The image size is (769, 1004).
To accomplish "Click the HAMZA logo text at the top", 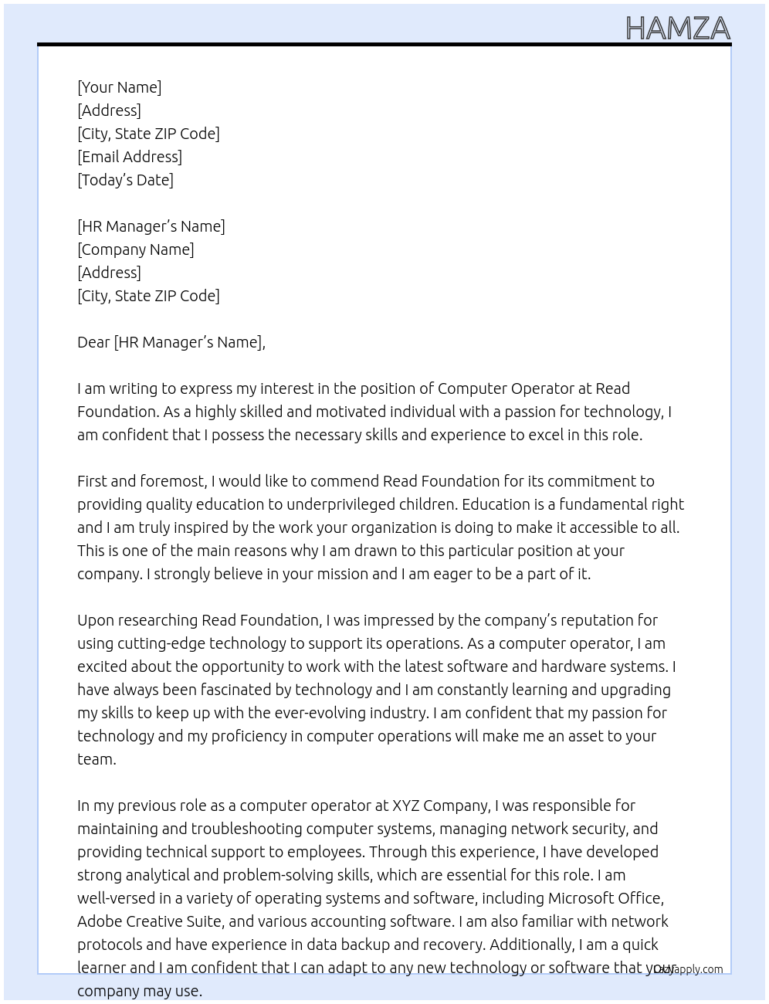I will pyautogui.click(x=677, y=29).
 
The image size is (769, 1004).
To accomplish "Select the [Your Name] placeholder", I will pyautogui.click(x=119, y=87).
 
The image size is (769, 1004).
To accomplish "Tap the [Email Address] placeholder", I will pyautogui.click(x=130, y=157).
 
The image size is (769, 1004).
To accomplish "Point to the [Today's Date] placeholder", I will pyautogui.click(x=125, y=180).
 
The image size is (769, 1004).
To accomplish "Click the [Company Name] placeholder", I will pyautogui.click(x=135, y=249).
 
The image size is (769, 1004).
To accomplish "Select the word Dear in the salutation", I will pyautogui.click(x=93, y=342).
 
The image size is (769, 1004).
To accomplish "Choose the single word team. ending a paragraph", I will pyautogui.click(x=97, y=759).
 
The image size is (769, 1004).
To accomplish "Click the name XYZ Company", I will pyautogui.click(x=440, y=806).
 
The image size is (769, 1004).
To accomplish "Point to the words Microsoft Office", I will pyautogui.click(x=605, y=898).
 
